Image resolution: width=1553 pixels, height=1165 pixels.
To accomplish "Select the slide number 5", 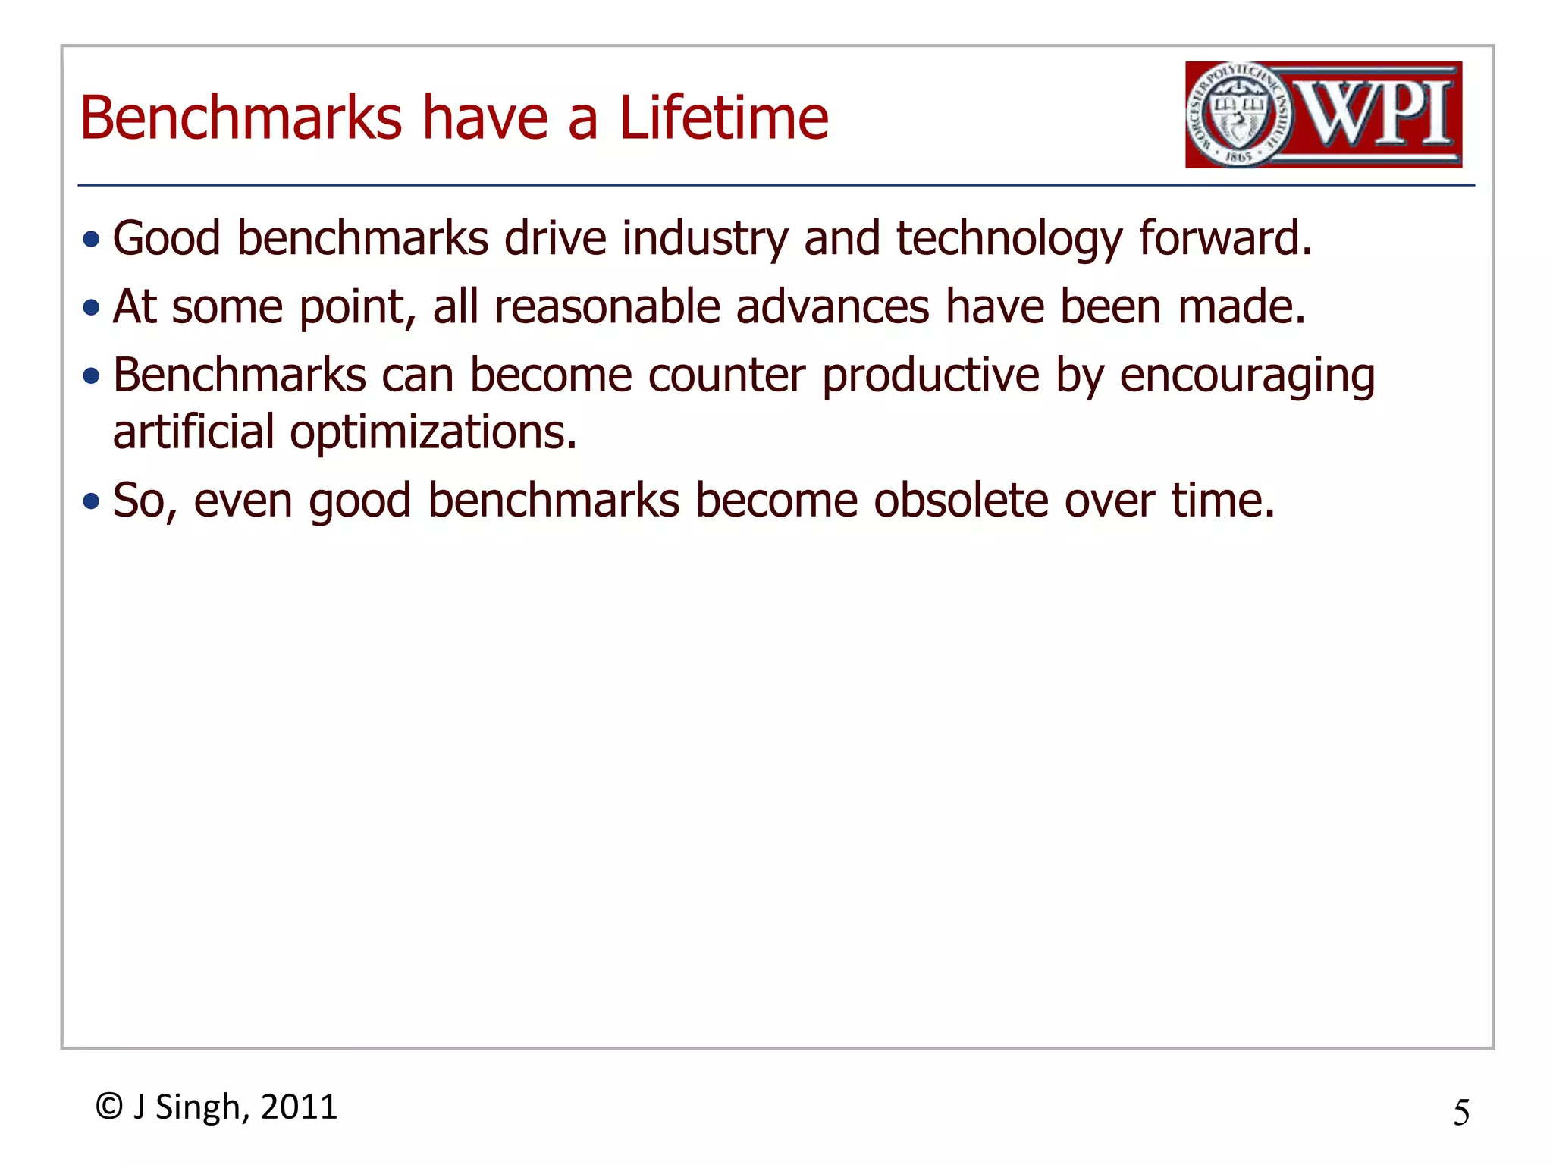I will point(1460,1113).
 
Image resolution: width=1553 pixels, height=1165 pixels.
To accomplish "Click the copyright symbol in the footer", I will point(109,1107).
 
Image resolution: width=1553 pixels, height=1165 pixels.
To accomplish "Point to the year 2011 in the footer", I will point(299,1107).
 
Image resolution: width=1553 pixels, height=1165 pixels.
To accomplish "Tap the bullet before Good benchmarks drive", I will point(92,240).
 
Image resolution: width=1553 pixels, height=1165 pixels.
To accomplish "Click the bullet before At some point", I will point(92,308).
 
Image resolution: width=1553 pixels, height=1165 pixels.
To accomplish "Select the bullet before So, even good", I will point(92,501).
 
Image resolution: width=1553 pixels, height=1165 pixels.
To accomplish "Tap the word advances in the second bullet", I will point(832,306).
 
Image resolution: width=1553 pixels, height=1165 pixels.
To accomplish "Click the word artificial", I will point(193,432).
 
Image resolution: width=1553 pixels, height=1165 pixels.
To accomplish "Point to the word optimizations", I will point(433,433).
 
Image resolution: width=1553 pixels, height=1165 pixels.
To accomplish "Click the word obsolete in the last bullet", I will point(960,500).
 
